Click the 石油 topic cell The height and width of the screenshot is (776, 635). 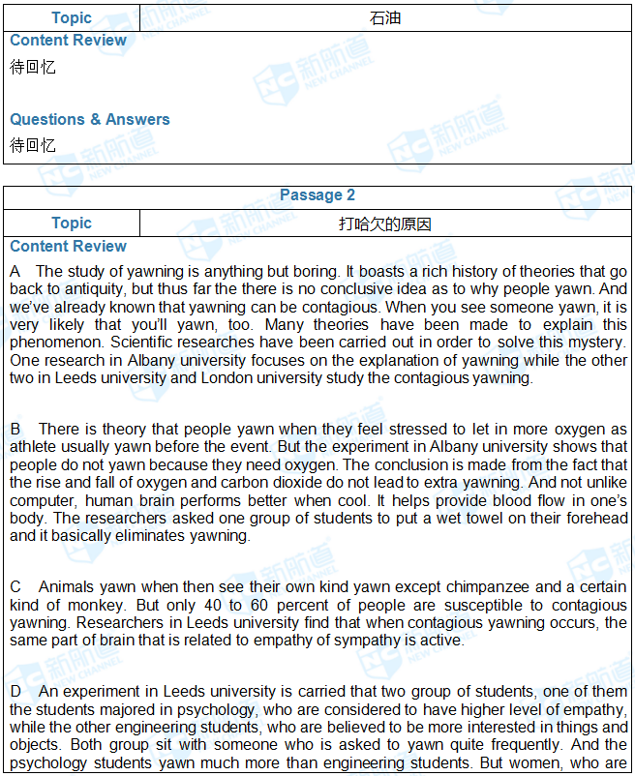[x=385, y=17]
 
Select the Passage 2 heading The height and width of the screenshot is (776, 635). [x=317, y=195]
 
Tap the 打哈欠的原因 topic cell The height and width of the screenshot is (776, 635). [x=385, y=224]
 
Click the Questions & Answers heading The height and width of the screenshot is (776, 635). [x=90, y=119]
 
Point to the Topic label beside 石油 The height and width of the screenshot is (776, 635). [x=72, y=17]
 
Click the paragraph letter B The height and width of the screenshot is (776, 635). [x=15, y=429]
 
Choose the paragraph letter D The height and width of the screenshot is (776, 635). [x=15, y=692]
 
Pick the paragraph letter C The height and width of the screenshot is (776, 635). [x=15, y=587]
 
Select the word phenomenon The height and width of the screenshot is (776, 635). [x=56, y=342]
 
